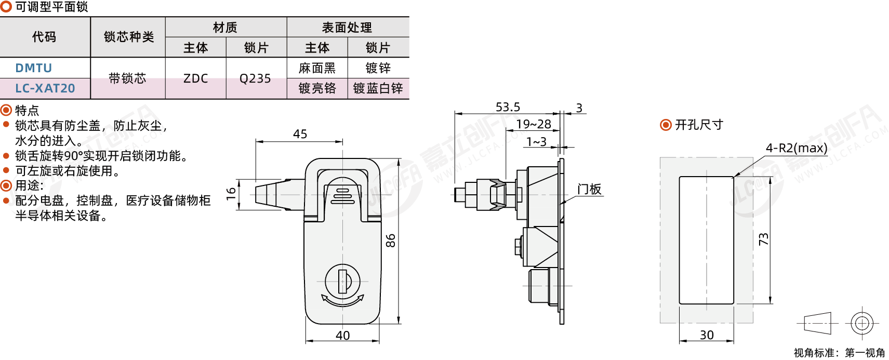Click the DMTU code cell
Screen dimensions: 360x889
[x=34, y=68]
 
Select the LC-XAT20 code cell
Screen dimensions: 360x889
[x=45, y=88]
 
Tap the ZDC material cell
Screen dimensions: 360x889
[x=195, y=78]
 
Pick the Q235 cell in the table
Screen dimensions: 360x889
[x=255, y=78]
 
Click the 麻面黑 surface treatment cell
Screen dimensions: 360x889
[x=317, y=68]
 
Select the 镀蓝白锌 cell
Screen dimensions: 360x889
[x=378, y=88]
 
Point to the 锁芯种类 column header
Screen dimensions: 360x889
[x=128, y=37]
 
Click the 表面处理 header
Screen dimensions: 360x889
[x=347, y=27]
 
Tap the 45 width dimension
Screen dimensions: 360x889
[x=300, y=134]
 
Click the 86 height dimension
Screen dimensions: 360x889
[x=391, y=241]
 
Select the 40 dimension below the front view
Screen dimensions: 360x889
[x=342, y=336]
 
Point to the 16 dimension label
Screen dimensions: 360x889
[x=231, y=194]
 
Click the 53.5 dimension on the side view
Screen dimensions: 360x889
[x=508, y=107]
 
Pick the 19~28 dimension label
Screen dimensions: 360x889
[x=534, y=124]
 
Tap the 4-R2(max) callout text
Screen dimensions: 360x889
[x=797, y=148]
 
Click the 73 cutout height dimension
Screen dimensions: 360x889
[x=763, y=239]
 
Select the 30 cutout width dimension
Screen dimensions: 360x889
[x=707, y=335]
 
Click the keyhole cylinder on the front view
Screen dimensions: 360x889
[x=342, y=281]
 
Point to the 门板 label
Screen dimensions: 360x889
[x=589, y=189]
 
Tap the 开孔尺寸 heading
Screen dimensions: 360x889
[x=698, y=125]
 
